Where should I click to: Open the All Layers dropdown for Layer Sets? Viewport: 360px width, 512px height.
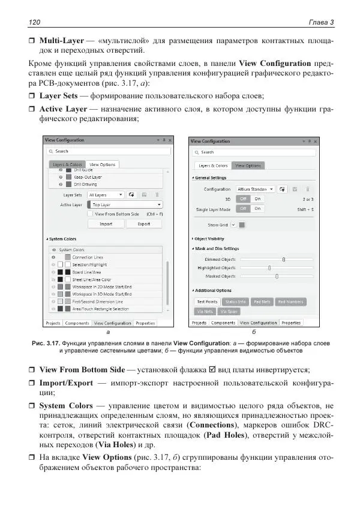(106, 195)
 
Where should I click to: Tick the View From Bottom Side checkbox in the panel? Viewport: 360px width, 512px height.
(90, 214)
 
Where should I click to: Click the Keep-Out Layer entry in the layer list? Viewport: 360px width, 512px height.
(88, 177)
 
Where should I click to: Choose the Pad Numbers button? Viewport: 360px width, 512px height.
(290, 302)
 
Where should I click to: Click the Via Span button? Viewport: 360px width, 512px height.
(229, 311)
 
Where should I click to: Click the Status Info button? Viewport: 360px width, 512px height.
(235, 302)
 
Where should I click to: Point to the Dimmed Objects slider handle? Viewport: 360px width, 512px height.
(283, 260)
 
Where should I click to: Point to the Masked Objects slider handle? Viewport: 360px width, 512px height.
(277, 276)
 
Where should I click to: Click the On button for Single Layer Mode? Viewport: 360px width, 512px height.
(257, 209)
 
